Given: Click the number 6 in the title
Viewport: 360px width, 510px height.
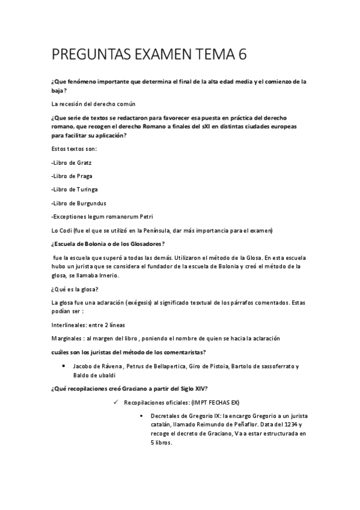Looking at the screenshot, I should point(242,55).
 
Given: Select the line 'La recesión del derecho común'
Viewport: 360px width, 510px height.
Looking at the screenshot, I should point(93,104).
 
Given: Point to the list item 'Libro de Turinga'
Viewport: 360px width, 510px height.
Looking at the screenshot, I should point(75,189).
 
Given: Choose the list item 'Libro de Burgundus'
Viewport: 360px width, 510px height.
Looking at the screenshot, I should point(79,203).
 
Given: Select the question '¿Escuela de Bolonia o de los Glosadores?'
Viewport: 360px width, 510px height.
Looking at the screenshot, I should point(109,244).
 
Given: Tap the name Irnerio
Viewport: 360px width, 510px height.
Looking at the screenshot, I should point(107,275).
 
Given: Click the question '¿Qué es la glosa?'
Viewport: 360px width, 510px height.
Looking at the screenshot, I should point(75,289).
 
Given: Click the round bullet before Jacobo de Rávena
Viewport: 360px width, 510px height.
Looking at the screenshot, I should point(64,366).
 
